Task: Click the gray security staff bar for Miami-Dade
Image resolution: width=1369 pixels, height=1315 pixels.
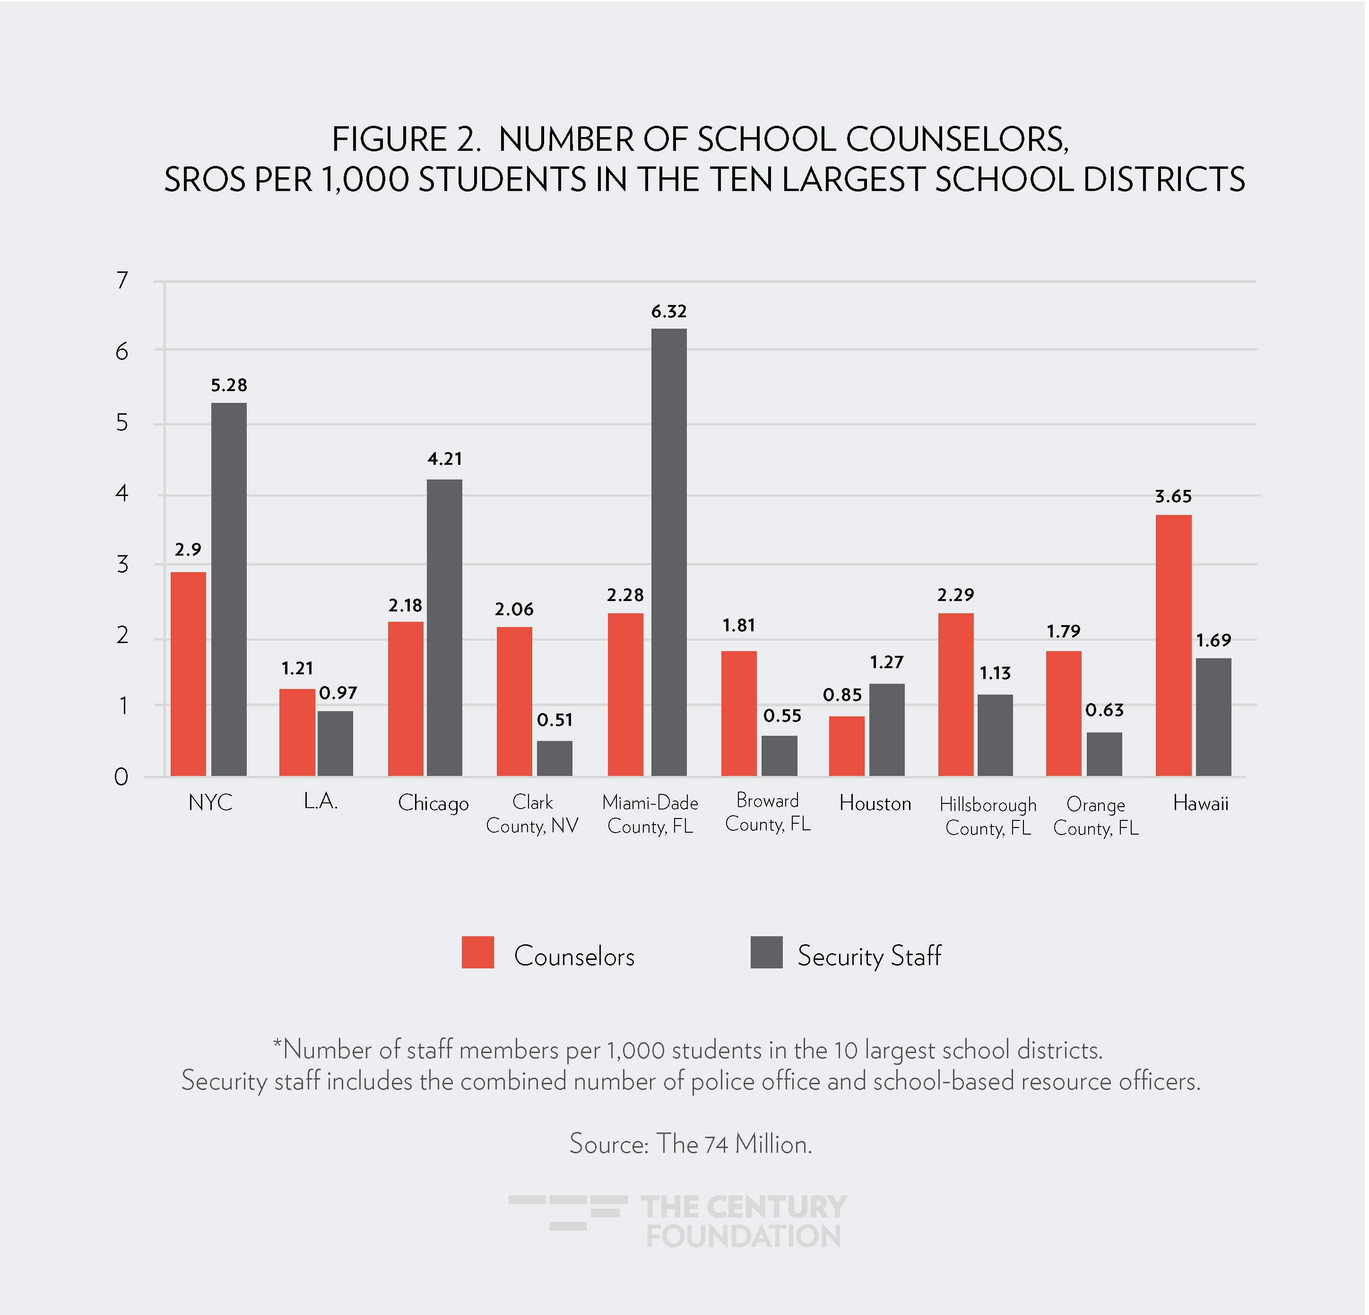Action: pyautogui.click(x=668, y=552)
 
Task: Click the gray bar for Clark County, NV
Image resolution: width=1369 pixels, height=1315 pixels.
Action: pyautogui.click(x=554, y=758)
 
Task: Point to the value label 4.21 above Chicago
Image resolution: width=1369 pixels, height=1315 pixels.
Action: pyautogui.click(x=444, y=459)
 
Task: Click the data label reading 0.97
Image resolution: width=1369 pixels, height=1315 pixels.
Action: pyautogui.click(x=338, y=693)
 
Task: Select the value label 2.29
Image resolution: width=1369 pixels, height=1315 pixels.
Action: pyautogui.click(x=955, y=595)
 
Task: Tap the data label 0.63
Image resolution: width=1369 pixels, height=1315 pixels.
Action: pyautogui.click(x=1104, y=711)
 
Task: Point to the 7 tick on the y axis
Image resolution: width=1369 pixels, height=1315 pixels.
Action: pyautogui.click(x=123, y=280)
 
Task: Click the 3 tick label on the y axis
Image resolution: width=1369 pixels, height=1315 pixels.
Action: pyautogui.click(x=123, y=564)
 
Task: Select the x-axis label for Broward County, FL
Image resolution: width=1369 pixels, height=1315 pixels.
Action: pyautogui.click(x=768, y=812)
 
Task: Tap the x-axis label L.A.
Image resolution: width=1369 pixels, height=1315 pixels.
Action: pyautogui.click(x=321, y=801)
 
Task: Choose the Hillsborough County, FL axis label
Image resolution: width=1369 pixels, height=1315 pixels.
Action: pyautogui.click(x=988, y=816)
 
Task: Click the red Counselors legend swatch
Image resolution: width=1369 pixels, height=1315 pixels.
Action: pyautogui.click(x=478, y=952)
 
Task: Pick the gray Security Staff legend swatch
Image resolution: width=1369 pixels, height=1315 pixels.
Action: pyautogui.click(x=766, y=952)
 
